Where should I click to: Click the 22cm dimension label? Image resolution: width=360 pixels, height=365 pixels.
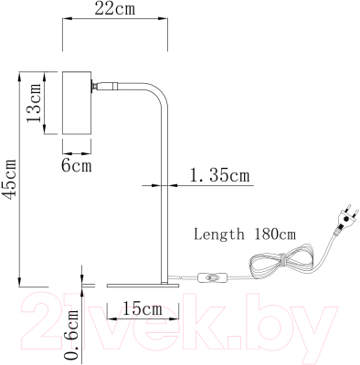point(115,8)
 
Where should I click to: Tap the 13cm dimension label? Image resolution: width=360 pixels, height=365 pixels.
point(34,103)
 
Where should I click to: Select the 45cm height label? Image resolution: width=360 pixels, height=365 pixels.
point(10,179)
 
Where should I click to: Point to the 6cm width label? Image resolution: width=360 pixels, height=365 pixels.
point(77,166)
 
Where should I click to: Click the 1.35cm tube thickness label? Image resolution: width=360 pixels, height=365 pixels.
point(219,175)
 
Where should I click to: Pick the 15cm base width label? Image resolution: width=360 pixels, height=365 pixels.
point(143,308)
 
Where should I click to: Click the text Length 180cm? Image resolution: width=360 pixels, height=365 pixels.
point(245,235)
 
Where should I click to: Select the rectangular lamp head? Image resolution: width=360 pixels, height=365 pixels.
point(77,103)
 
